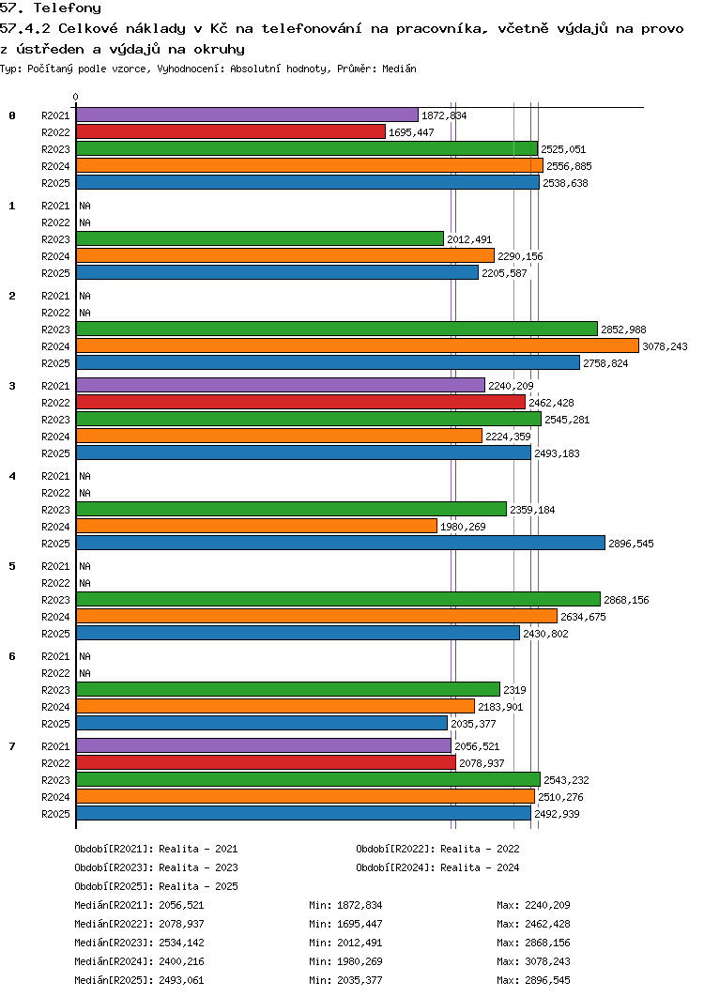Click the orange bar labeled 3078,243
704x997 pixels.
tap(358, 345)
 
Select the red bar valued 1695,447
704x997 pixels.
tap(231, 131)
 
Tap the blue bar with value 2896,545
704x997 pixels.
tap(341, 543)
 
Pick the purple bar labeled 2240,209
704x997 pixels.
tap(281, 385)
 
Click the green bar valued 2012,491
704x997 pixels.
tap(260, 238)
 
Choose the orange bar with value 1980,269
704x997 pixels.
tap(257, 526)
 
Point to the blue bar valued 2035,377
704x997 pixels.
tap(262, 723)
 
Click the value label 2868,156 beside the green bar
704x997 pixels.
tap(626, 600)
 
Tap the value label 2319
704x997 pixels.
tap(514, 690)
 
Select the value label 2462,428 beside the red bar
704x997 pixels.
tap(551, 403)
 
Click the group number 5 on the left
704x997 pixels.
tap(12, 566)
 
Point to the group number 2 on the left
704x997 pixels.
tap(12, 296)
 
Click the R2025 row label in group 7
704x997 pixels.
tap(56, 814)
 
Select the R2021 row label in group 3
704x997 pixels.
tap(56, 386)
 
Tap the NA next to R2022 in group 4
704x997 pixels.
tap(85, 493)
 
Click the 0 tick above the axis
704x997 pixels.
tap(76, 98)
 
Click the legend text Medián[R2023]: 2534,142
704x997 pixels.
tap(139, 943)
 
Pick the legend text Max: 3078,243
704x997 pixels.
tap(533, 961)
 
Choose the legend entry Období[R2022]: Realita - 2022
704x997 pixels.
tap(437, 849)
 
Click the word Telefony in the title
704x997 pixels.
tap(68, 8)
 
